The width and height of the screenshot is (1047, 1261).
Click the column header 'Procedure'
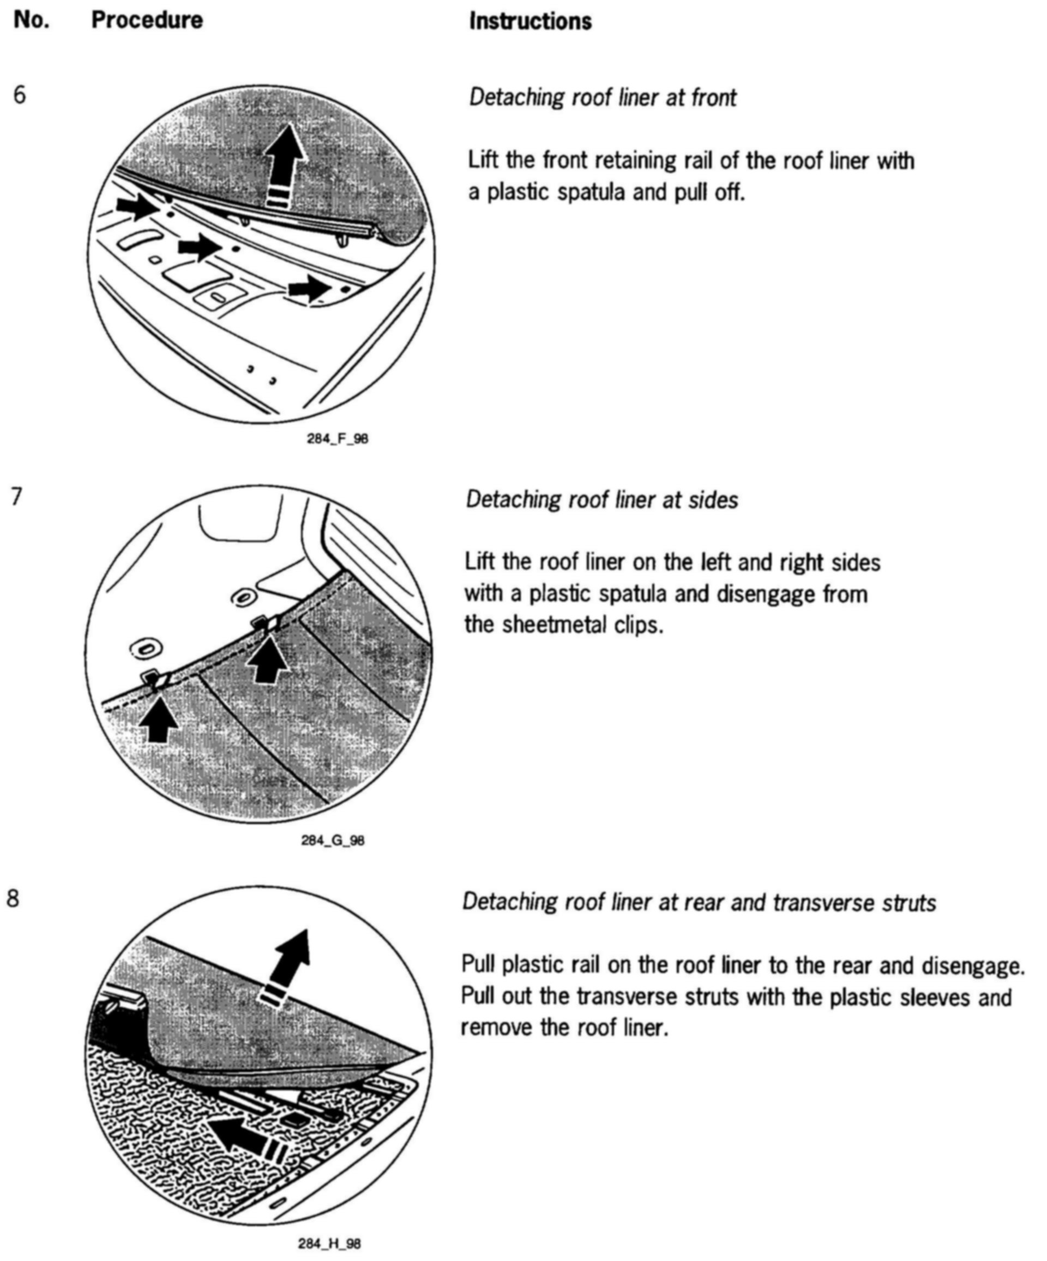pyautogui.click(x=147, y=20)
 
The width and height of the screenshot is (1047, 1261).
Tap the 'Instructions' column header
pyautogui.click(x=530, y=22)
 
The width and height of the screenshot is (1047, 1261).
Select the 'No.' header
pyautogui.click(x=31, y=20)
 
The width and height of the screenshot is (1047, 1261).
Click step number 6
pyautogui.click(x=20, y=95)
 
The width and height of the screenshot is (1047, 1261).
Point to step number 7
pyautogui.click(x=17, y=496)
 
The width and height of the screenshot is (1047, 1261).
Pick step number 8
pyautogui.click(x=13, y=898)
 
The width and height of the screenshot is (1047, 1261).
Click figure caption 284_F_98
pyautogui.click(x=338, y=439)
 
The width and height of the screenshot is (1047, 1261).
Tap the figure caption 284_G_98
pyautogui.click(x=333, y=840)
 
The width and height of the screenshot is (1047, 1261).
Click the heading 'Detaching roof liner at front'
pyautogui.click(x=602, y=97)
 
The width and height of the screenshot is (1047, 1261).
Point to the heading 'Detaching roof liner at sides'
pyautogui.click(x=601, y=500)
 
